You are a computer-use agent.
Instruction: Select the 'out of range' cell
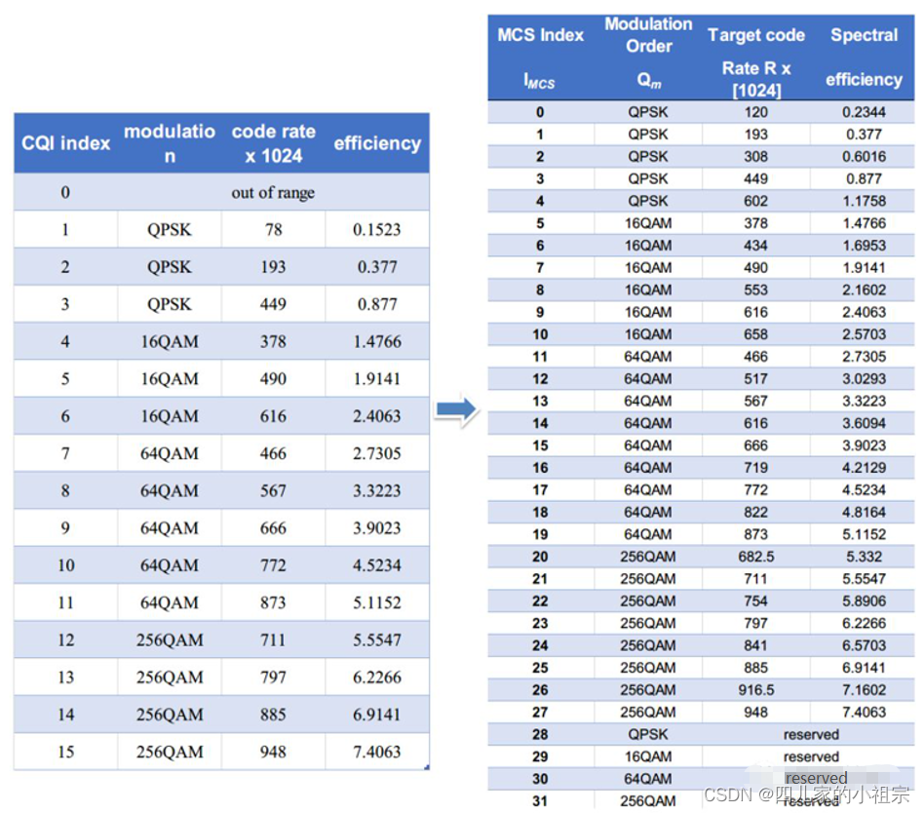pyautogui.click(x=272, y=193)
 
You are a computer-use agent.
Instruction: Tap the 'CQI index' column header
pyautogui.click(x=66, y=143)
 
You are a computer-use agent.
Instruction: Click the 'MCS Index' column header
pyautogui.click(x=540, y=35)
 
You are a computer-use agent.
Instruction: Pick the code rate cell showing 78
pyautogui.click(x=273, y=230)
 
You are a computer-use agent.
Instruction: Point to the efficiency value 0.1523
pyautogui.click(x=377, y=230)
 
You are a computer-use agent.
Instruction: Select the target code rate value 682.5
pyautogui.click(x=755, y=557)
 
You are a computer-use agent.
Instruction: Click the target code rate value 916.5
pyautogui.click(x=755, y=690)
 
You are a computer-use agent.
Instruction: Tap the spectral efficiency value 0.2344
pyautogui.click(x=864, y=112)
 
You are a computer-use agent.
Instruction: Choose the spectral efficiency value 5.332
pyautogui.click(x=864, y=557)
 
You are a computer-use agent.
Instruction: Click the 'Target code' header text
pyautogui.click(x=756, y=35)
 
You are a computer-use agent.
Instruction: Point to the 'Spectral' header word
pyautogui.click(x=864, y=35)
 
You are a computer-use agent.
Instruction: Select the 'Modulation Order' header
pyautogui.click(x=648, y=35)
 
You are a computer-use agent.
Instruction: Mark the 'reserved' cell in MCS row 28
pyautogui.click(x=811, y=734)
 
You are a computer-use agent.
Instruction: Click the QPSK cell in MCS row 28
pyautogui.click(x=648, y=734)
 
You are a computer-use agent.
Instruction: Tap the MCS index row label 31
pyautogui.click(x=540, y=801)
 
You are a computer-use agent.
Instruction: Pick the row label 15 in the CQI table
pyautogui.click(x=65, y=752)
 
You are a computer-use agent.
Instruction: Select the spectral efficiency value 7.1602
pyautogui.click(x=864, y=690)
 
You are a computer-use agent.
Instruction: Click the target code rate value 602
pyautogui.click(x=755, y=201)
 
